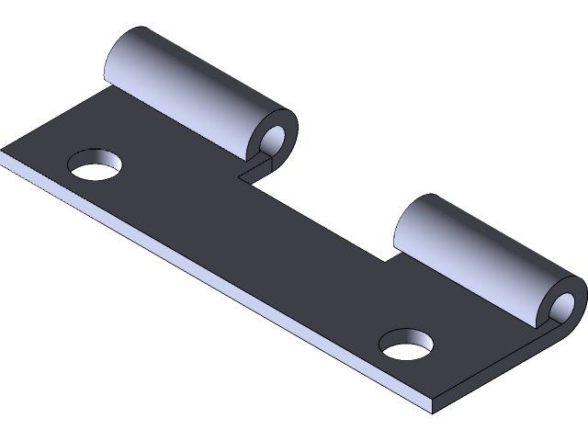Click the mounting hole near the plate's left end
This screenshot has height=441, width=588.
96,164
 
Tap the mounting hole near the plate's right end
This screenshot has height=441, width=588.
405,344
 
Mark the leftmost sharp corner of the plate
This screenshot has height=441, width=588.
3,154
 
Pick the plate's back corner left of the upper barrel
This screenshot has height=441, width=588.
106,90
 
